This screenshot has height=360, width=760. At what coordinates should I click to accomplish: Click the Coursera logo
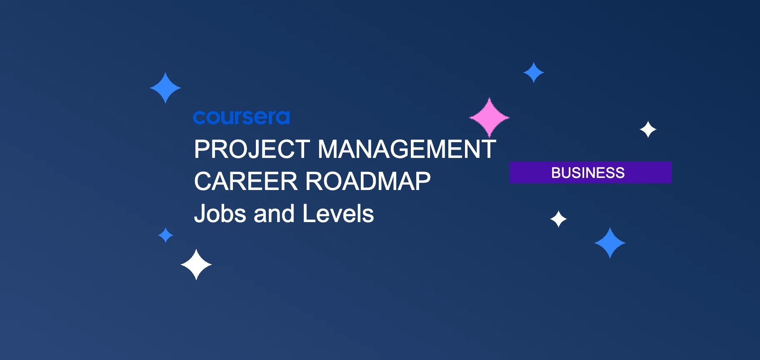tap(241, 117)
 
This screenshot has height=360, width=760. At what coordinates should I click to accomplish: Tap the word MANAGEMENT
tap(407, 149)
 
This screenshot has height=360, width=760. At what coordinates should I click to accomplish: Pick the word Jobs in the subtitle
tap(221, 214)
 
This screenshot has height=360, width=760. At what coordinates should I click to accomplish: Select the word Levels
tap(338, 214)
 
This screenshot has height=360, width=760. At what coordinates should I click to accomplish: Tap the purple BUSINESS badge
tap(590, 172)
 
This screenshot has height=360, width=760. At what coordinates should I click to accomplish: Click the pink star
tap(489, 117)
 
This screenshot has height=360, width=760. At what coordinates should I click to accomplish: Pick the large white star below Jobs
tap(196, 265)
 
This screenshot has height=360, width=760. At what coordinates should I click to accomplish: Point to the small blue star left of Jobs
tap(165, 235)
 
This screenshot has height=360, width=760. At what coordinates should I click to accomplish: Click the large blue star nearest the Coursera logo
tap(165, 88)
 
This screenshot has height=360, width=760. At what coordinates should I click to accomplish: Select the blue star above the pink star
tap(533, 72)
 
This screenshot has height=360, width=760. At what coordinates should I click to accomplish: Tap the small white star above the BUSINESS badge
tap(648, 130)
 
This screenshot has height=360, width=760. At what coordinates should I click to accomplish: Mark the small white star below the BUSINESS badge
tap(558, 219)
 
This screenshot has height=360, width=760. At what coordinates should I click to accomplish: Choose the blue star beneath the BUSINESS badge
tap(610, 243)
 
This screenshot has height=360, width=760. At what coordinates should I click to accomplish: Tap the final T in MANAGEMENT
tap(489, 149)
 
